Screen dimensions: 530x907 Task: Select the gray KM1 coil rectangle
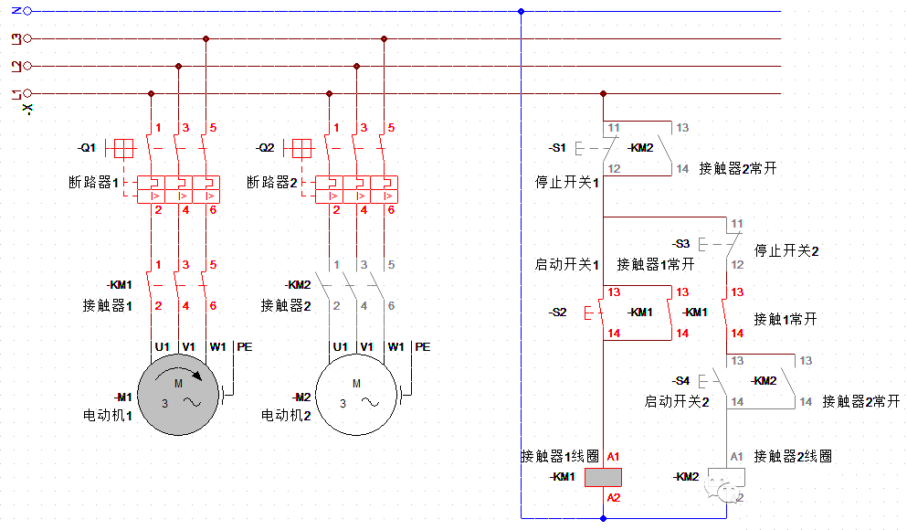pos(603,477)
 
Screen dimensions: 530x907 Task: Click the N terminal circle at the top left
pos(26,12)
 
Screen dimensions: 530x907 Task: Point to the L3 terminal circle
pos(26,39)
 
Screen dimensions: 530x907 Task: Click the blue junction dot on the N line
pos(521,12)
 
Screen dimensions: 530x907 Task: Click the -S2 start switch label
pos(557,313)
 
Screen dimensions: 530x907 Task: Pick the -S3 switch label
pos(680,244)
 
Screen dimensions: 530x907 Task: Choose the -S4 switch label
pos(680,380)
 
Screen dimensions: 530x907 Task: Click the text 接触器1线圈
pos(560,456)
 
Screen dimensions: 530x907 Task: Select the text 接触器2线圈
pos(793,456)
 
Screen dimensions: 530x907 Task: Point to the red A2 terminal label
pos(613,498)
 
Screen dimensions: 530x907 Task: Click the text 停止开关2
pos(786,250)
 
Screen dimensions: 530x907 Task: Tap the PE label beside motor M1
pos(244,347)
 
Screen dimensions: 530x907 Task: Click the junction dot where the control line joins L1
pos(603,93)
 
